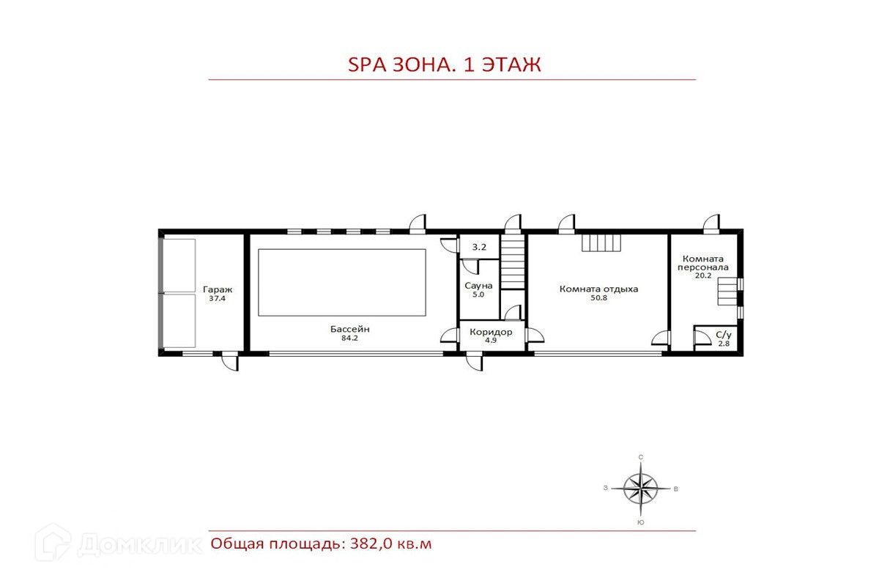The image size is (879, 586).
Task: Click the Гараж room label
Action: pyautogui.click(x=218, y=289)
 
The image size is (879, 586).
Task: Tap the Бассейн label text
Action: pyautogui.click(x=349, y=329)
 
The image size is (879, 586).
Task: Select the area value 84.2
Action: pyautogui.click(x=349, y=338)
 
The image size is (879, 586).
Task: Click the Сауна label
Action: pyautogui.click(x=478, y=286)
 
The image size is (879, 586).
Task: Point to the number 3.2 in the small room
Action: pyautogui.click(x=479, y=247)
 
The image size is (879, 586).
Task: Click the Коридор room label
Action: pyautogui.click(x=491, y=332)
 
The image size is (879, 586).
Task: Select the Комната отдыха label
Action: pyautogui.click(x=599, y=289)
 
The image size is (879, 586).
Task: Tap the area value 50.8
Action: pyautogui.click(x=599, y=298)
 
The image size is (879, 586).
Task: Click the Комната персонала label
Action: pyautogui.click(x=702, y=263)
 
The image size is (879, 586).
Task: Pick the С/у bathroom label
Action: pyautogui.click(x=724, y=335)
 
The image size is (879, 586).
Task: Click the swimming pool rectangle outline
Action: pyautogui.click(x=342, y=249)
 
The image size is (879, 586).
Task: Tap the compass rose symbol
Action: pyautogui.click(x=641, y=489)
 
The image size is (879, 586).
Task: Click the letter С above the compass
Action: pyautogui.click(x=641, y=457)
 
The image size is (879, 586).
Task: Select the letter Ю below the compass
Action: pyautogui.click(x=641, y=522)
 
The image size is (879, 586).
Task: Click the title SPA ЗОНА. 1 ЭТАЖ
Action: pyautogui.click(x=444, y=64)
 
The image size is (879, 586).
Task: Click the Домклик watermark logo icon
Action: pyautogui.click(x=53, y=543)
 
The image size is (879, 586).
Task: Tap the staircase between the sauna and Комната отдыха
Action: pyautogui.click(x=513, y=262)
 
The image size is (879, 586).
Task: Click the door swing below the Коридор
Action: pyautogui.click(x=475, y=363)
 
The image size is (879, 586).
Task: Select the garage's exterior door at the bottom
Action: pyautogui.click(x=230, y=363)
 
